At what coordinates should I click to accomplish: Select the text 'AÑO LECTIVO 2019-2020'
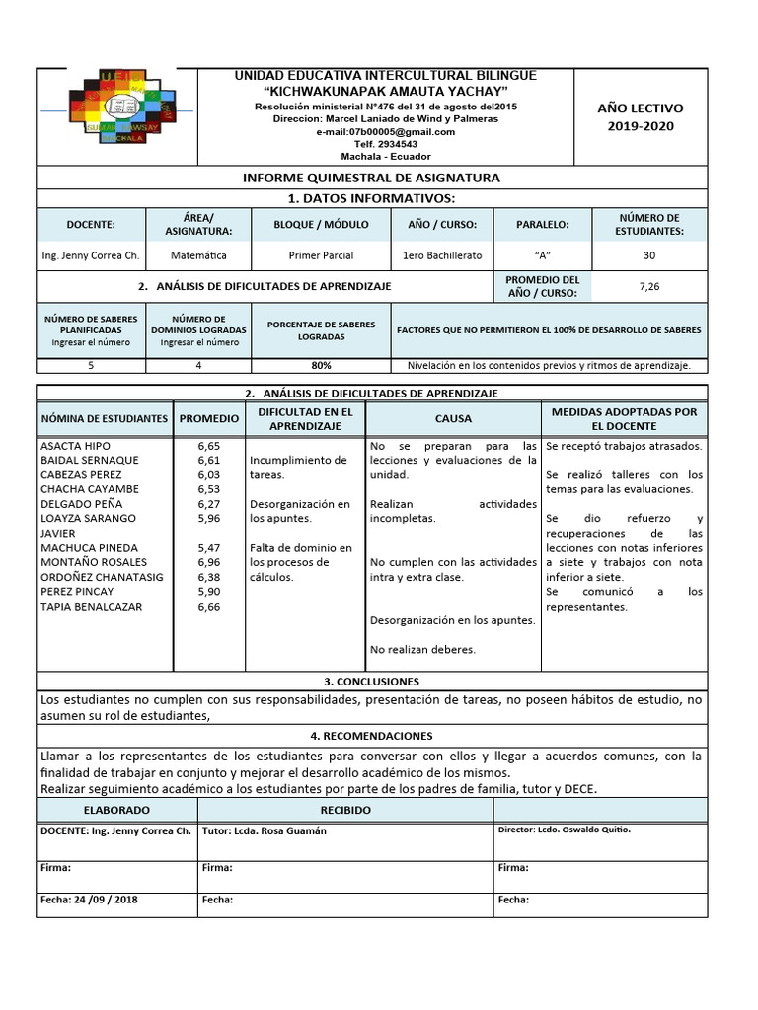point(640,117)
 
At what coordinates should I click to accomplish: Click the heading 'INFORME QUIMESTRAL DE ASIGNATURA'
point(371,178)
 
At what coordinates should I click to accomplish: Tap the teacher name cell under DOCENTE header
point(90,255)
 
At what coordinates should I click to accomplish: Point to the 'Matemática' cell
point(197,255)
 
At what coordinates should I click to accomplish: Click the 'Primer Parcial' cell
point(321,255)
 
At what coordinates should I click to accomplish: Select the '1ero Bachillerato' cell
point(442,255)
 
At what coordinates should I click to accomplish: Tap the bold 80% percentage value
point(321,365)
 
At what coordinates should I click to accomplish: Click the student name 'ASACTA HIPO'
point(75,446)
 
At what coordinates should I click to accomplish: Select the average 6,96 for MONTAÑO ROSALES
point(208,562)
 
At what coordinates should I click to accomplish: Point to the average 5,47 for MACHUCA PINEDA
point(208,547)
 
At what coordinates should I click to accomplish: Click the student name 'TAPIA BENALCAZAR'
point(91,607)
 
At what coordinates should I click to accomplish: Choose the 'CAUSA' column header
point(453,418)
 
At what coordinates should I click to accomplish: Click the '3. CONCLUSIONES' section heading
point(371,682)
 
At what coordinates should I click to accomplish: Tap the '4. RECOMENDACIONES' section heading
point(371,736)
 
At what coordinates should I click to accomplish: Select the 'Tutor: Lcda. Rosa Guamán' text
point(264,830)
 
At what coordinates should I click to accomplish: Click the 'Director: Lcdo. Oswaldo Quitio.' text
point(565,830)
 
